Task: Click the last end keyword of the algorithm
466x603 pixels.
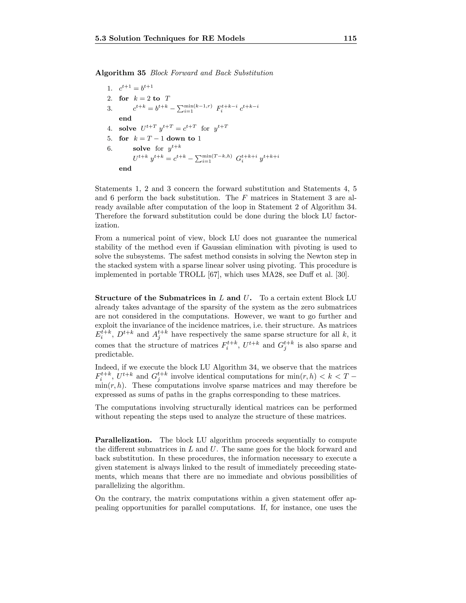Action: (x=125, y=168)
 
